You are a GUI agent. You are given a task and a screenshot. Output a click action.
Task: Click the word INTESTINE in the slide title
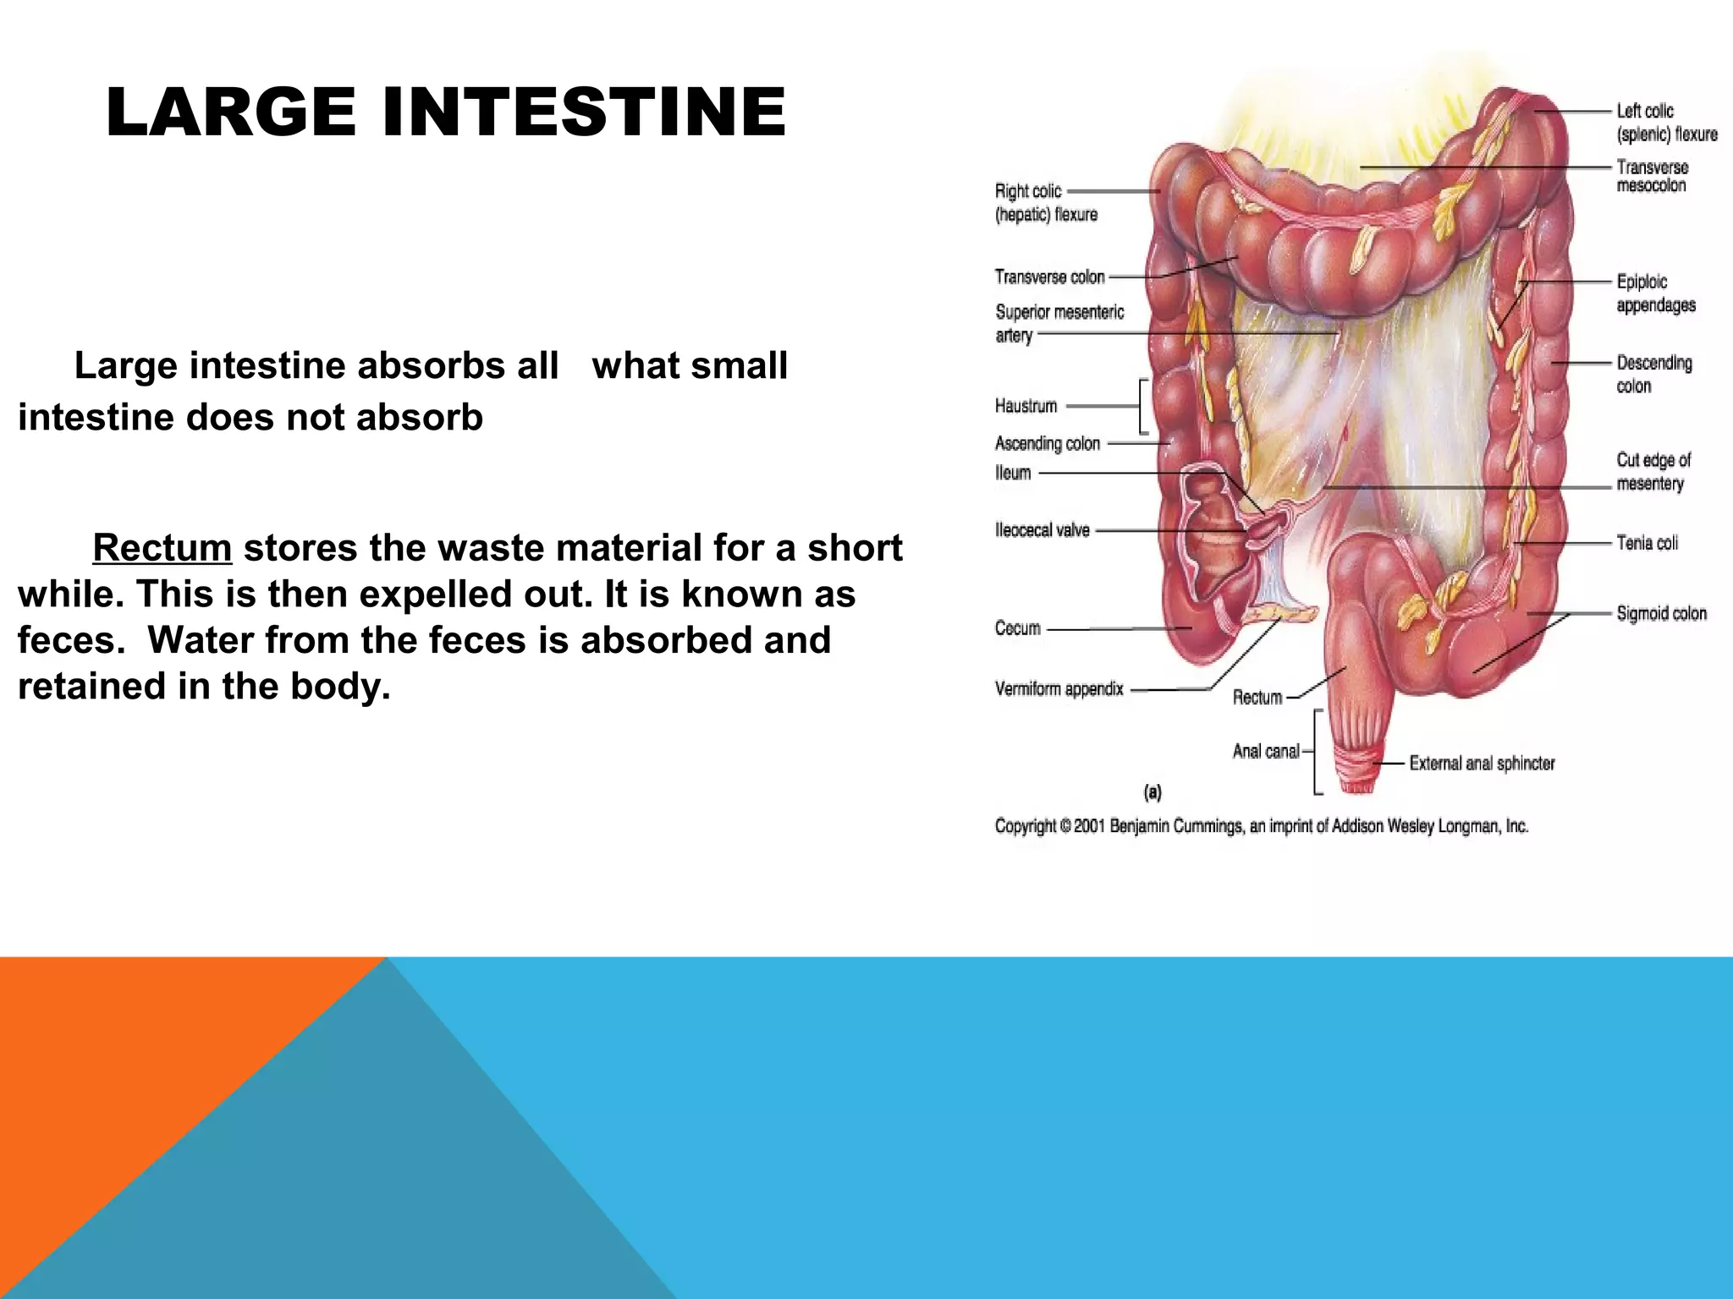pos(584,112)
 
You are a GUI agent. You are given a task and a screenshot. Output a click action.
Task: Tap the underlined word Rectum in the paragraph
pos(162,548)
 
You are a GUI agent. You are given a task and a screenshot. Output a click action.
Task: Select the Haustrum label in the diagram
pos(1026,406)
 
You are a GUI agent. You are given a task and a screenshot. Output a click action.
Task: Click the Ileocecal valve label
pos(1042,530)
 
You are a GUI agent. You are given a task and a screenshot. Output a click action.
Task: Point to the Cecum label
pos(1017,628)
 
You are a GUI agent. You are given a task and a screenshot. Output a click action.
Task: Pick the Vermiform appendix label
pos(1059,689)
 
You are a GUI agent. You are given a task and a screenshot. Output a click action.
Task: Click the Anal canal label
pos(1265,751)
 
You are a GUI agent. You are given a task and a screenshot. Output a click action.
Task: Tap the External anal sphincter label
pos(1482,763)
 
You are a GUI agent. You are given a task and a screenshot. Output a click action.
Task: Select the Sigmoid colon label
pos(1661,613)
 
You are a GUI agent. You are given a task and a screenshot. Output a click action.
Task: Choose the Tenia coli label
pos(1647,543)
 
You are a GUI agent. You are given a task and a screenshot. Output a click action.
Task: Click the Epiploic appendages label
pos(1655,293)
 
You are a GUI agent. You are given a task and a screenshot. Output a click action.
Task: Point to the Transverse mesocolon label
pos(1652,176)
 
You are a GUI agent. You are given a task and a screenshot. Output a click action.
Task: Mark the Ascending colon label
pos(1047,443)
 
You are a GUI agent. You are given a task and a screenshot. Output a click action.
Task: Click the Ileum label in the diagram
pos(1013,473)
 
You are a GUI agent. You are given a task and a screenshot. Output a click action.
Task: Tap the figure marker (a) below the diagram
pos(1153,792)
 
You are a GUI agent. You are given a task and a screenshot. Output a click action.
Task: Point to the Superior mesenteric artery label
pos(1059,323)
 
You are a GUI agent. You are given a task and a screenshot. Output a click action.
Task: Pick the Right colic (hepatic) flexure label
pos(1045,203)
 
